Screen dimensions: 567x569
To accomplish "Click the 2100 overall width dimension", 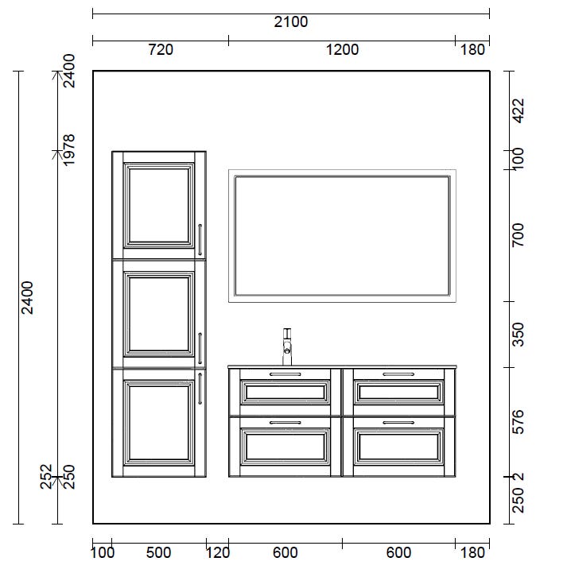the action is [290, 21].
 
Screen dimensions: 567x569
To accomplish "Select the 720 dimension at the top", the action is [161, 50].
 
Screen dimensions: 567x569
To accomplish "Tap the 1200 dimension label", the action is [342, 50].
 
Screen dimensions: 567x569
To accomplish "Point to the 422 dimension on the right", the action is [518, 110].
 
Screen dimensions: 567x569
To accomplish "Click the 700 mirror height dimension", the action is [518, 235].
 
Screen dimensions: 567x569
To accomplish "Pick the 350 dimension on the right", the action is [518, 335].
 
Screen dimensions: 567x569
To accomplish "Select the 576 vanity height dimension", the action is [518, 422].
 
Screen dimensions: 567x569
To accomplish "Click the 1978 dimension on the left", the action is [68, 150].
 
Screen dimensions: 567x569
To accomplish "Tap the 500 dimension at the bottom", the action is [158, 552].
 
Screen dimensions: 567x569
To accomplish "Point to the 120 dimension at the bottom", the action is [218, 552].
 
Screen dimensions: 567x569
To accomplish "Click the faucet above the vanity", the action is [287, 347].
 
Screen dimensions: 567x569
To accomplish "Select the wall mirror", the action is [342, 236].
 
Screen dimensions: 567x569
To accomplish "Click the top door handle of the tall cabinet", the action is [200, 239].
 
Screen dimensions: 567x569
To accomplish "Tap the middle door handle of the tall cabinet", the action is [200, 348].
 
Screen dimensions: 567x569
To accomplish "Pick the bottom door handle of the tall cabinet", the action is [200, 389].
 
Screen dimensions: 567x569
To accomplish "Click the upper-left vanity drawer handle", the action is [285, 374].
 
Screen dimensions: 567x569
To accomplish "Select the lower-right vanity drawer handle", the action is [398, 423].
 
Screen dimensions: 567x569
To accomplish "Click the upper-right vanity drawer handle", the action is [398, 374].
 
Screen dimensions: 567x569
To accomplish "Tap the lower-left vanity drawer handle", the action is [285, 423].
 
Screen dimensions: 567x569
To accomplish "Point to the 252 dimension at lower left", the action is [46, 477].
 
